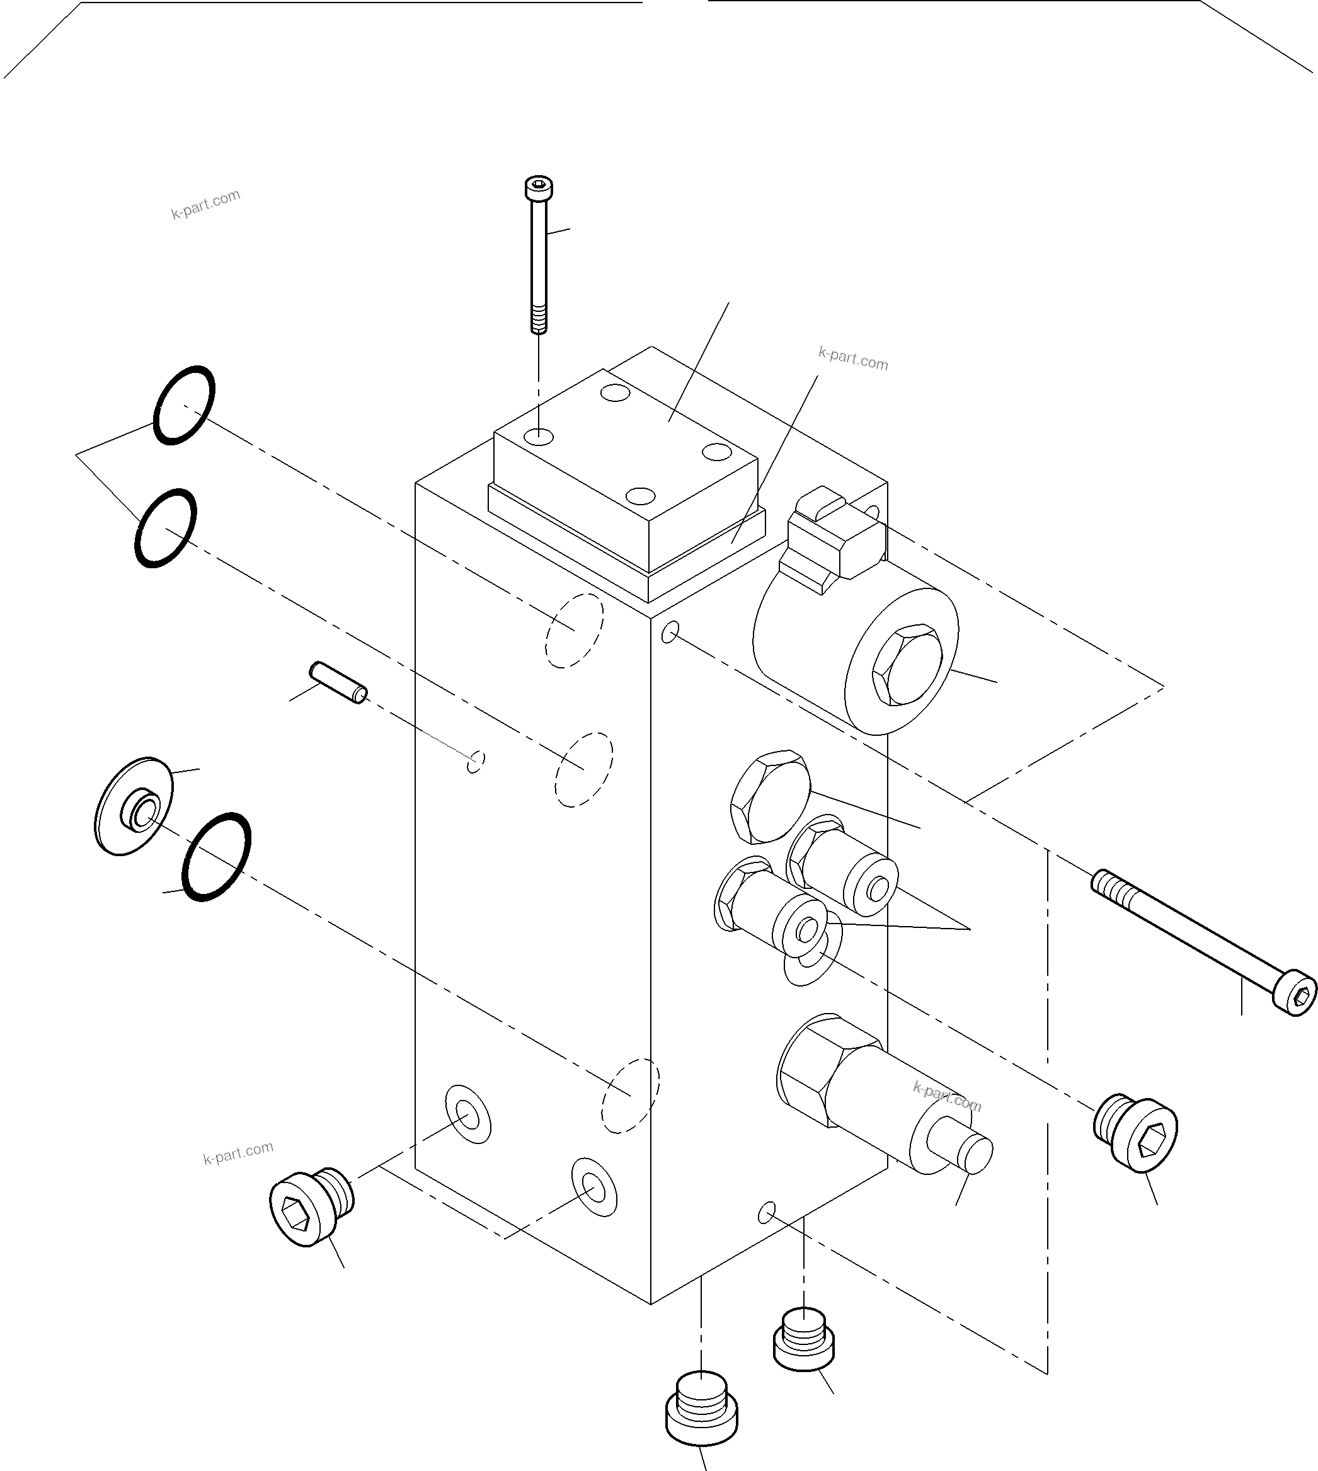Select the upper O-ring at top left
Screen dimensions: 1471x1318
(184, 405)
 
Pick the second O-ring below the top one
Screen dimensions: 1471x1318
(165, 528)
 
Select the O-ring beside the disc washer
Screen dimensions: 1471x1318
(217, 856)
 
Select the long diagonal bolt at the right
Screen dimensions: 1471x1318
(1202, 942)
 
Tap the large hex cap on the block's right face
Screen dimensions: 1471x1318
(769, 797)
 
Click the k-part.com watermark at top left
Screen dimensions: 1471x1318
(205, 204)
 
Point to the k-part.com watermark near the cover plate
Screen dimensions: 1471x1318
(852, 358)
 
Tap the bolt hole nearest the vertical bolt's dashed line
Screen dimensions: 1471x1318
(539, 437)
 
